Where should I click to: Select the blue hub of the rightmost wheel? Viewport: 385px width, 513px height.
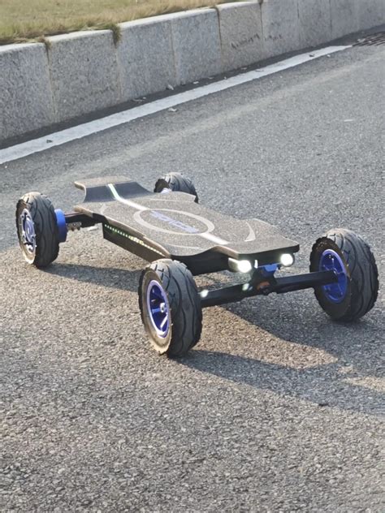[x=334, y=275]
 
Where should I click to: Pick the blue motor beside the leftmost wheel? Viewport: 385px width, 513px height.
[x=61, y=225]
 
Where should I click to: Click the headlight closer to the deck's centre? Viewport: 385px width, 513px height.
[x=243, y=265]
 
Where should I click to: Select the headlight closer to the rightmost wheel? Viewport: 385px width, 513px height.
[x=286, y=260]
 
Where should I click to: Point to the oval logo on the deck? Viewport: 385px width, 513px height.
[x=175, y=221]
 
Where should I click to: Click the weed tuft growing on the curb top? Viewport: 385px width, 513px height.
[x=116, y=32]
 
